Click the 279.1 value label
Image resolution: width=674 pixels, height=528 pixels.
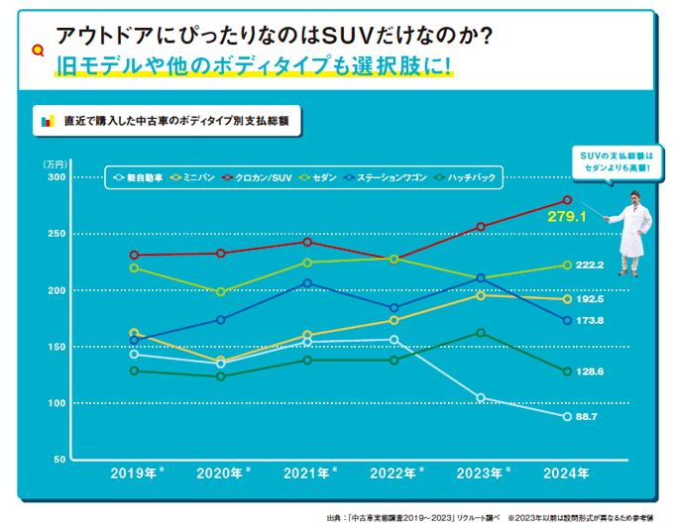568,215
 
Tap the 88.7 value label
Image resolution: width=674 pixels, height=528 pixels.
589,417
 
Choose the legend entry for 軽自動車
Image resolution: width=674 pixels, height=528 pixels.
140,177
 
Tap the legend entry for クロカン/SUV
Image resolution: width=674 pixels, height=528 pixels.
259,177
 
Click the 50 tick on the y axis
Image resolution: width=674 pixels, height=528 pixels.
58,460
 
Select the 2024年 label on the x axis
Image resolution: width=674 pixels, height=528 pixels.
566,474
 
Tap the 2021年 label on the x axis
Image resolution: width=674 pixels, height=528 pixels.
308,474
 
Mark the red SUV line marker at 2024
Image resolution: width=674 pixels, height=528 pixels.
567,200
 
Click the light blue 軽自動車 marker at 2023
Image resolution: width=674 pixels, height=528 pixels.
481,398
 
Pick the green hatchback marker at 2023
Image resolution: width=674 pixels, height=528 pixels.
481,333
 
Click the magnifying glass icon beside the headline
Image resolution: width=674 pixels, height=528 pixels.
39,48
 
